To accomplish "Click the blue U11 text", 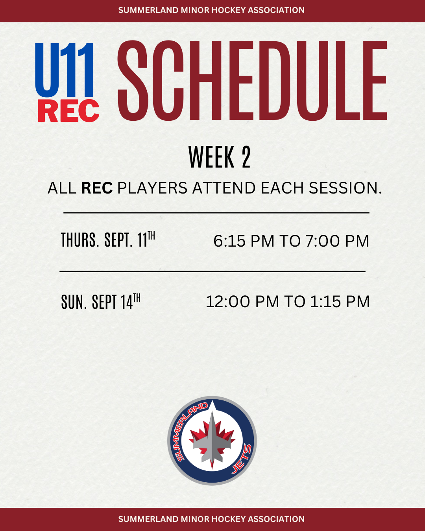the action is (x=64, y=70).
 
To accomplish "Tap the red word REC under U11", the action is (x=68, y=111).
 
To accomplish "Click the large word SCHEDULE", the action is (x=252, y=81).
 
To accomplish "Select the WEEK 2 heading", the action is (x=220, y=157).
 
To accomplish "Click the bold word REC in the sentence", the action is (x=97, y=188).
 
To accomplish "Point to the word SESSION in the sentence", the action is (x=345, y=188).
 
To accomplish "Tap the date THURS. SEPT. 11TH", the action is (x=108, y=240).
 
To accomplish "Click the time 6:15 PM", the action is (x=244, y=241).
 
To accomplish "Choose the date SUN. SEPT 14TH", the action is (x=101, y=301).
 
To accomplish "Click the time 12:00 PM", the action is (x=242, y=302).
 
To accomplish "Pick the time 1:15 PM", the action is (x=340, y=302).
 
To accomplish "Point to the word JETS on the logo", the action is (x=242, y=459).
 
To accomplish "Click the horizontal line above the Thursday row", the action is (x=216, y=212).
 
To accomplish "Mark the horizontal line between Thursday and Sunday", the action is (x=213, y=271).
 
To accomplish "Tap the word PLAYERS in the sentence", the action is (x=152, y=188).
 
